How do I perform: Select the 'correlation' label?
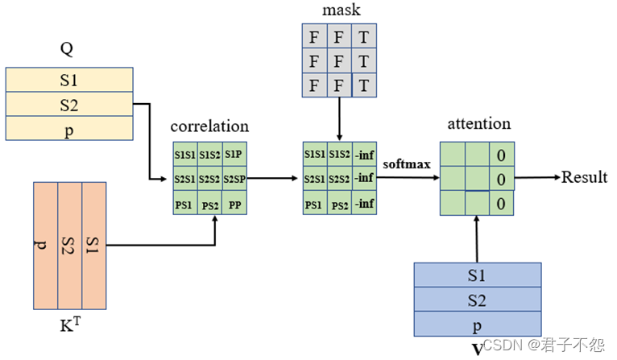pos(209,126)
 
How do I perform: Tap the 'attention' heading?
pos(478,124)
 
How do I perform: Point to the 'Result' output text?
pos(584,177)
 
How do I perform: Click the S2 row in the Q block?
pos(68,105)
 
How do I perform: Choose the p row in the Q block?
pos(68,129)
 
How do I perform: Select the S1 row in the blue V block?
pos(477,275)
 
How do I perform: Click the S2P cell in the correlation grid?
pos(234,178)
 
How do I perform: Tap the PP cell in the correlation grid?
pos(234,204)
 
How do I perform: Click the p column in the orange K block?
pos(45,245)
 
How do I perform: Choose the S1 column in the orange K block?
pos(94,245)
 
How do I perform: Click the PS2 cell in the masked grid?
pos(338,205)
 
